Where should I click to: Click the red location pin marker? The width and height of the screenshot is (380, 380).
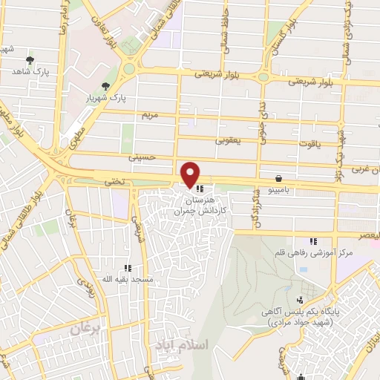click(190, 174)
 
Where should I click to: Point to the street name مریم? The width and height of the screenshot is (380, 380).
click(150, 116)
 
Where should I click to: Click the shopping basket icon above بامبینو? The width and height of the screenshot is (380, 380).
click(278, 178)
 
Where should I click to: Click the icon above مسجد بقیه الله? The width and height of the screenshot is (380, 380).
click(128, 267)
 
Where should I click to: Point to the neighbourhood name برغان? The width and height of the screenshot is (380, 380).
click(85, 329)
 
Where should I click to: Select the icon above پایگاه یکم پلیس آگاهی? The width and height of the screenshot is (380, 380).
click(300, 301)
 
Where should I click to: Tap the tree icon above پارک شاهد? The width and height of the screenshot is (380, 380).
click(30, 61)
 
